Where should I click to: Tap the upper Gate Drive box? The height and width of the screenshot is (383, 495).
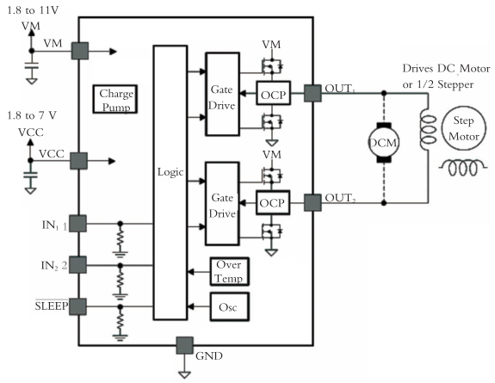(222, 93)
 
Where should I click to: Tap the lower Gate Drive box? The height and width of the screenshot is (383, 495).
(222, 202)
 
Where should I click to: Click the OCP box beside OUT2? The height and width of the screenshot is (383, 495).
(272, 202)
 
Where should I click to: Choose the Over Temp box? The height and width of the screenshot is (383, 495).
(229, 272)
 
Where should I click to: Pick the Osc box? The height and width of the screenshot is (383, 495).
(229, 306)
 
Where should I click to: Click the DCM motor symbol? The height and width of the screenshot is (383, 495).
(381, 142)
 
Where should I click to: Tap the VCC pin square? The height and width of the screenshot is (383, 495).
(79, 160)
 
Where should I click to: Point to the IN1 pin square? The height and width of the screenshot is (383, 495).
(79, 224)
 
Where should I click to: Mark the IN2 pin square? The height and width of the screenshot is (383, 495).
(79, 264)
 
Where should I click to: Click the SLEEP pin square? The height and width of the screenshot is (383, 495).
(79, 306)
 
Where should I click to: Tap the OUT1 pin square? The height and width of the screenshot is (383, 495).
(311, 92)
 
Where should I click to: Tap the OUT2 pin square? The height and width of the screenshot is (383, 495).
(311, 202)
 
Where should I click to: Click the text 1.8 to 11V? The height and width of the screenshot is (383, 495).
(28, 10)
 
